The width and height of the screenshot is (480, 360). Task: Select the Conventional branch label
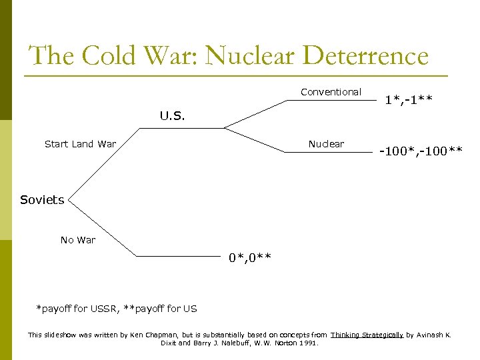coord(331,92)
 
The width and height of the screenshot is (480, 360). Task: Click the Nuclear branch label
coord(326,144)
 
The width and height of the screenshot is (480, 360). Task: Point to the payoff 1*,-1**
coord(409,101)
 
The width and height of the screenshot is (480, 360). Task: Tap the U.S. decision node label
coord(172,115)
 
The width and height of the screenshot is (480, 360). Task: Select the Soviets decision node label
coord(42,200)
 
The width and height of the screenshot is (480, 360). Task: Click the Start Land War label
coord(80,144)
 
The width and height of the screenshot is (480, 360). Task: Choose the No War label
coord(78,240)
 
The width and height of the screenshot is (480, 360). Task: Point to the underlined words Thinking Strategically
coord(367,335)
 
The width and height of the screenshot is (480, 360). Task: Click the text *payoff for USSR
coord(77,308)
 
